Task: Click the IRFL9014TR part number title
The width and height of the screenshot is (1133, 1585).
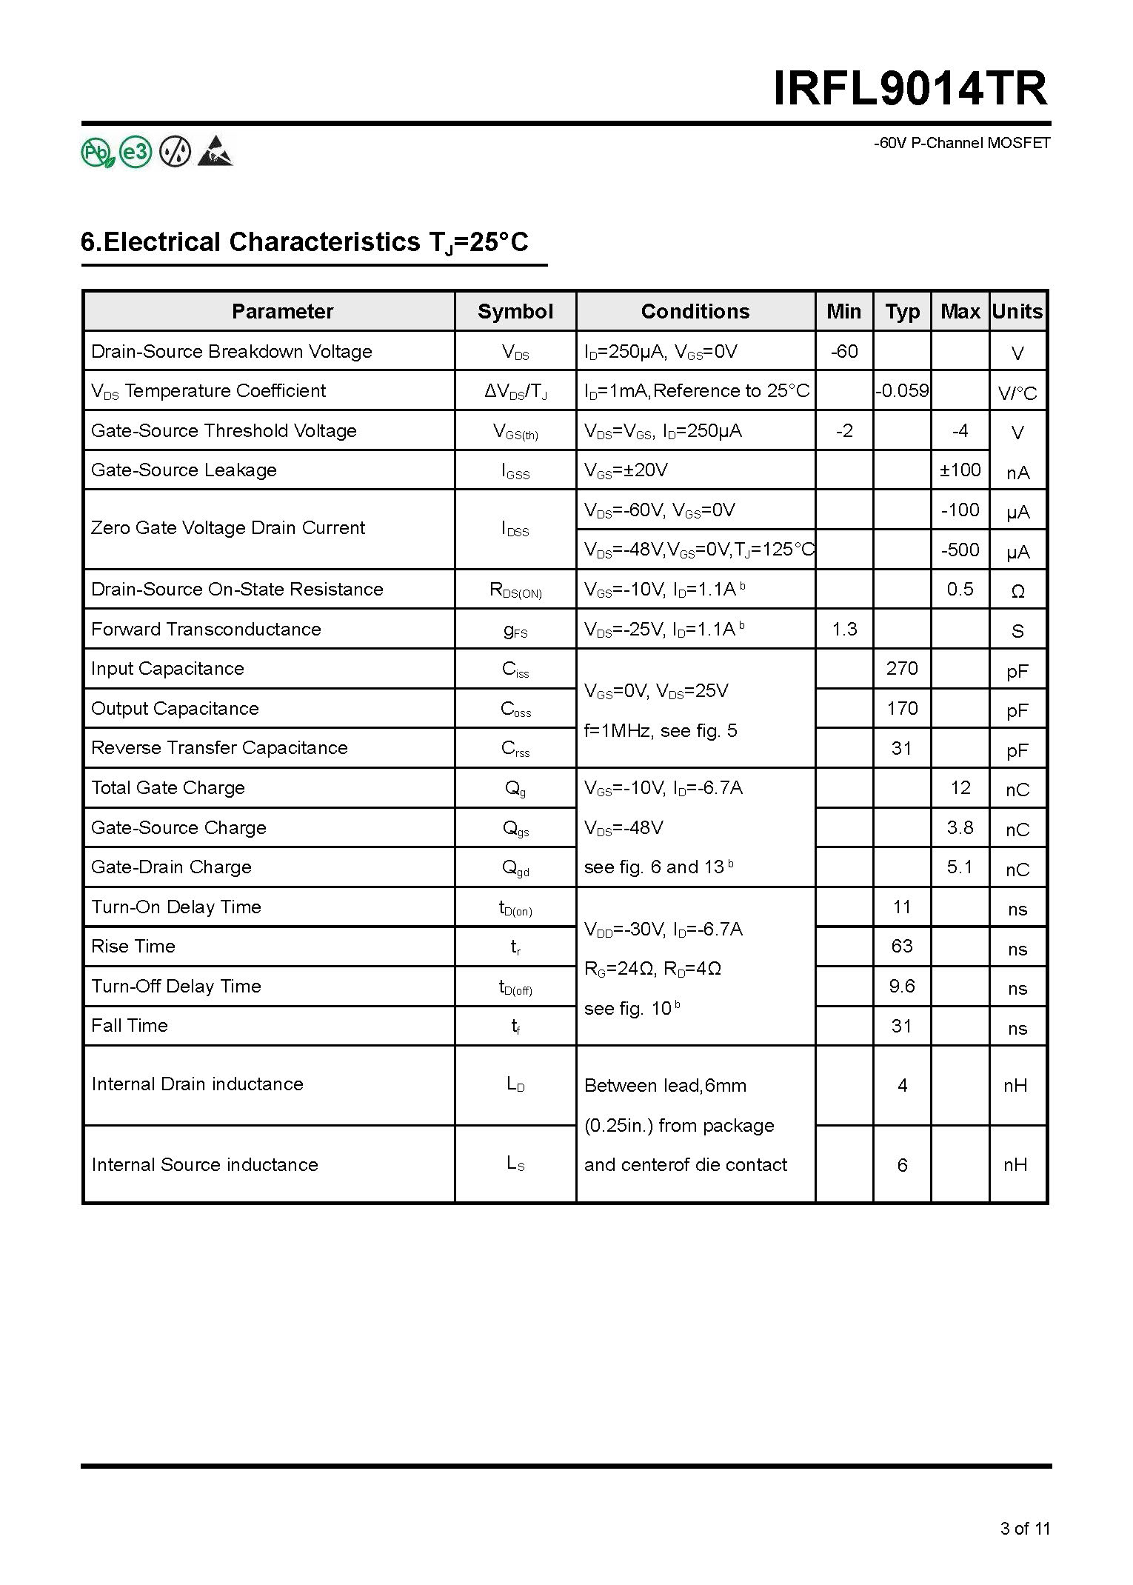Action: (910, 90)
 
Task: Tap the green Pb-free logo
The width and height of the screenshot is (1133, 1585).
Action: (97, 153)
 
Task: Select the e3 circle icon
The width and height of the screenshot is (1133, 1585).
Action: (136, 153)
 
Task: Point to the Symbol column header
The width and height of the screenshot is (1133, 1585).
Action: (515, 311)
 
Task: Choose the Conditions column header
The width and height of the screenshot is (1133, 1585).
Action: (695, 311)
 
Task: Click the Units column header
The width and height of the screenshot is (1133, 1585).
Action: (1017, 311)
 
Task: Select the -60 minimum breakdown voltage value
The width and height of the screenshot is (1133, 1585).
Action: (843, 351)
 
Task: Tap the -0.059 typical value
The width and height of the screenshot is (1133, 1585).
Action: (901, 390)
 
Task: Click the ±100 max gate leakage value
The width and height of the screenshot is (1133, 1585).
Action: (960, 470)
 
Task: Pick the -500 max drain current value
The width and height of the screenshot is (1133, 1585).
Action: (960, 550)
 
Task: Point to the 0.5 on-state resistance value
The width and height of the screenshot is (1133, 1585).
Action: (960, 589)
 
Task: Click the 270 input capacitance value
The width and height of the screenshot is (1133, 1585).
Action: (901, 668)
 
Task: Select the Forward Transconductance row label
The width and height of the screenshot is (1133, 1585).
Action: (206, 629)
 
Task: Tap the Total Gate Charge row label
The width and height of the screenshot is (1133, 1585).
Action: (167, 787)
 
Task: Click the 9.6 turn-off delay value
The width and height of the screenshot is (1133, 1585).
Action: (901, 986)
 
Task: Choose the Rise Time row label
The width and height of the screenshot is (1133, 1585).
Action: (133, 946)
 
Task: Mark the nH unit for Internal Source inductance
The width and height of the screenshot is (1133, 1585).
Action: (1015, 1165)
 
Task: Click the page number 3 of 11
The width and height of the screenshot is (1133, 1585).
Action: (1025, 1528)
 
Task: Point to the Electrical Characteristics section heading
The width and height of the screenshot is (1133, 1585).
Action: (304, 242)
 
